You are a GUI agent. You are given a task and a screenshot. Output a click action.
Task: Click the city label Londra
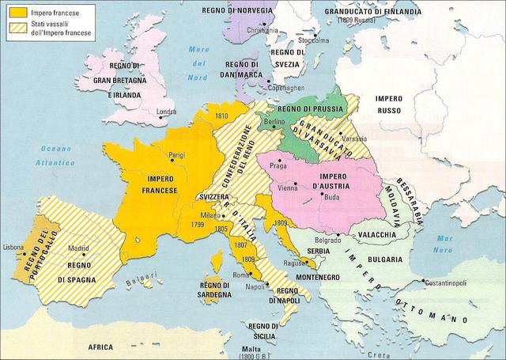point(167,112)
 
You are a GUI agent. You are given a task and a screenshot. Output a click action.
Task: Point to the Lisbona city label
point(14,248)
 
